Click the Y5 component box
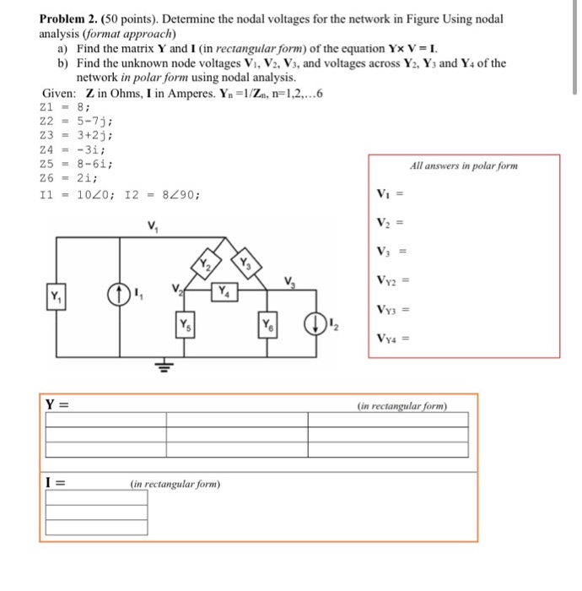pos(185,325)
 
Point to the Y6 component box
pos(267,325)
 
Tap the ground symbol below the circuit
pos(162,364)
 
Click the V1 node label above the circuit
pos(153,225)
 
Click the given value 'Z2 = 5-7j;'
pos(77,121)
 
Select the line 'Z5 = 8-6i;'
pos(77,164)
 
